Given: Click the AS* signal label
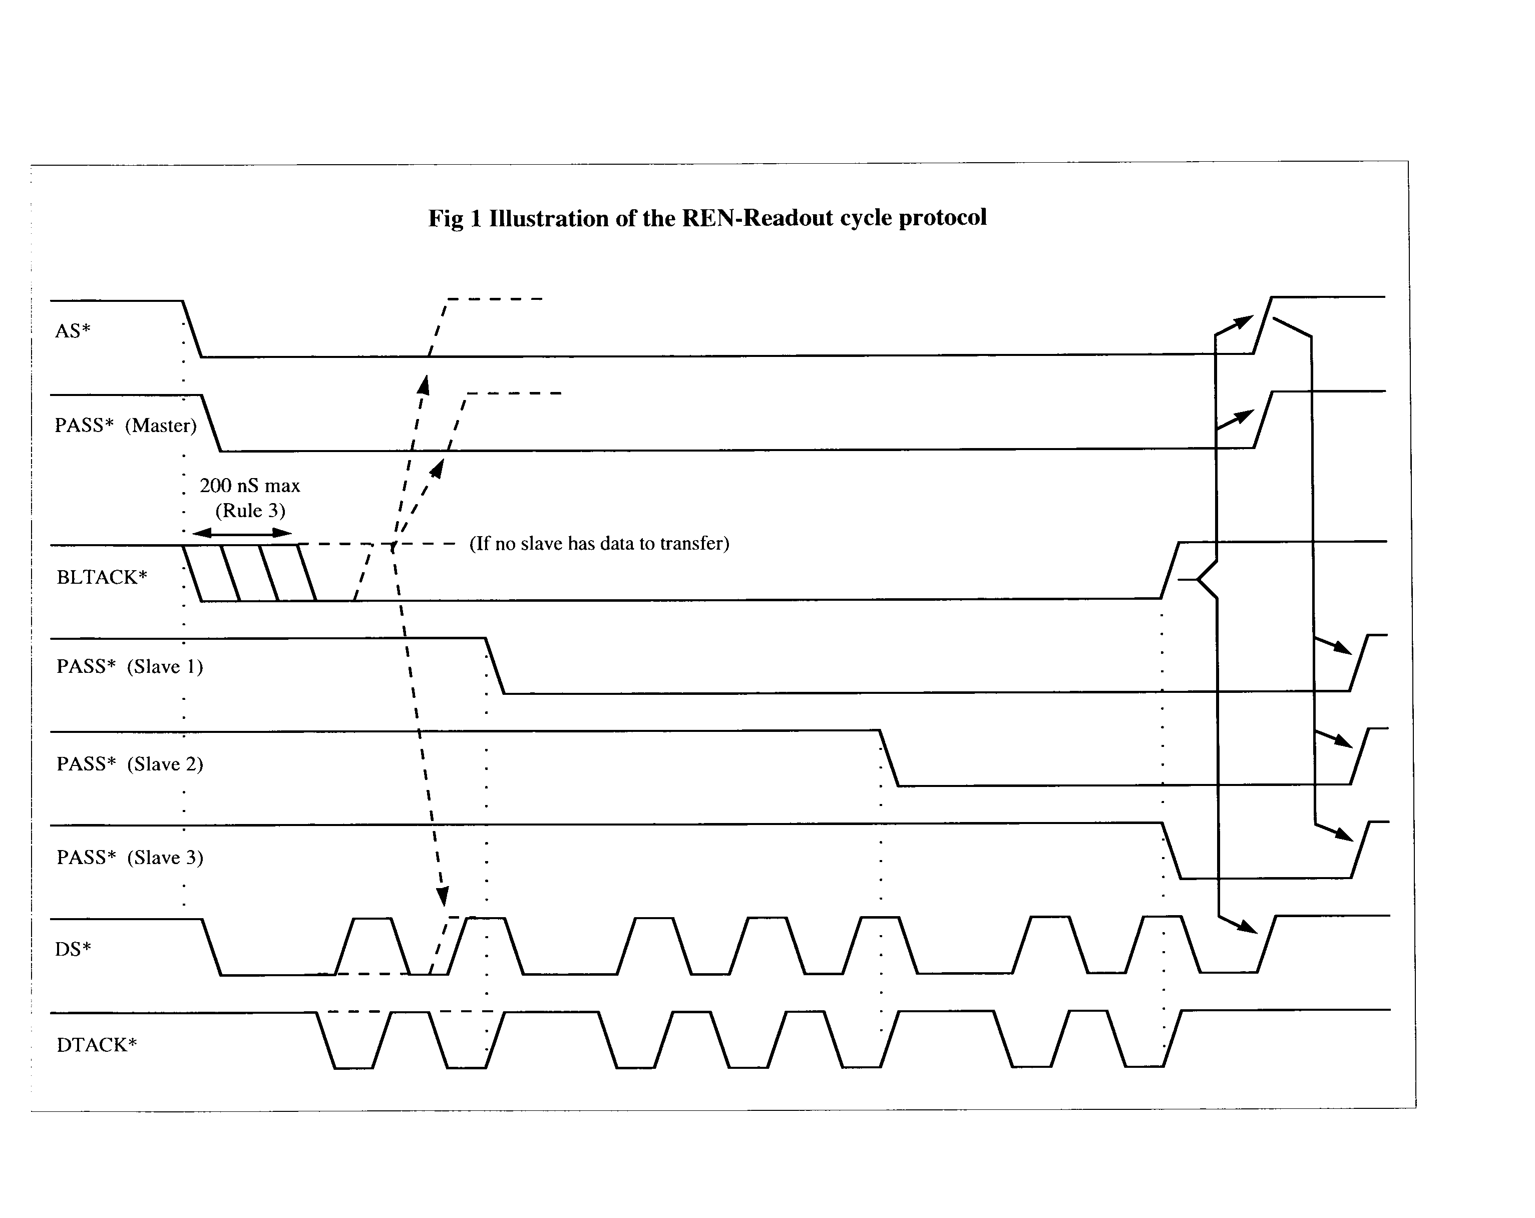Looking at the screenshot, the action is coord(73,331).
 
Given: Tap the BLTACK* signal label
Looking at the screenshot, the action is coord(102,577).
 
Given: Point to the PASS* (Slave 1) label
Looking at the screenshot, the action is coord(130,667).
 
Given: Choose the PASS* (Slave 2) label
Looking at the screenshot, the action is coord(130,764).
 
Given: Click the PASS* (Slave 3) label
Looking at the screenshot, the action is coord(130,857).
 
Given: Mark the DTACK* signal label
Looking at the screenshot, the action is coord(97,1044).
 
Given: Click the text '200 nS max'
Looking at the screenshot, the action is coord(250,486).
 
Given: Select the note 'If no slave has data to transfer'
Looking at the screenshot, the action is coord(599,543).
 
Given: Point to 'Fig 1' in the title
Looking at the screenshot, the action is coord(455,218).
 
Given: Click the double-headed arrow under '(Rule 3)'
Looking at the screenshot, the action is coord(242,533).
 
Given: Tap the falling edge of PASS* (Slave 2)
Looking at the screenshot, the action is coord(889,758).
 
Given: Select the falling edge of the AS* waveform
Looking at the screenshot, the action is coord(192,329).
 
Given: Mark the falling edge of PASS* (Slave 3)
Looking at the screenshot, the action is coord(1172,851).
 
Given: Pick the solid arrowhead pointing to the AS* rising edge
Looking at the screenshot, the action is coord(1243,322).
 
